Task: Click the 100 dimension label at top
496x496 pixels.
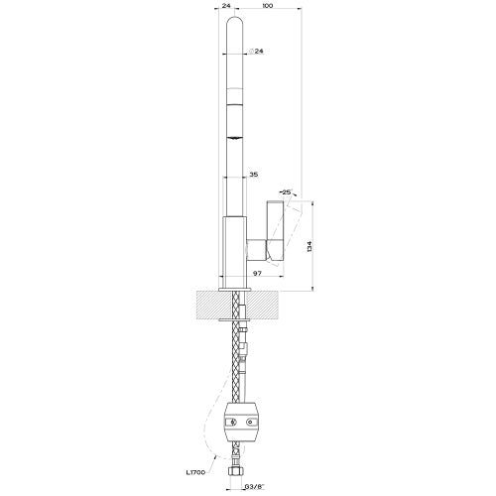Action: click(267, 6)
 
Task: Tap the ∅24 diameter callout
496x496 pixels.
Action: click(256, 52)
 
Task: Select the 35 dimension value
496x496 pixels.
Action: click(254, 175)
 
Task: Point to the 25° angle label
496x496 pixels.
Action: click(287, 191)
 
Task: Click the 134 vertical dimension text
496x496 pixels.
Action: click(310, 247)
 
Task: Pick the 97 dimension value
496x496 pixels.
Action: click(257, 273)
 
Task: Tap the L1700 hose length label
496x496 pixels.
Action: click(195, 472)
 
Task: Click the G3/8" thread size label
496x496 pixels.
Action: click(254, 487)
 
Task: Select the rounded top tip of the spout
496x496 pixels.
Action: click(235, 17)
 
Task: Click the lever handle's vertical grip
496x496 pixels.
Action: click(276, 230)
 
